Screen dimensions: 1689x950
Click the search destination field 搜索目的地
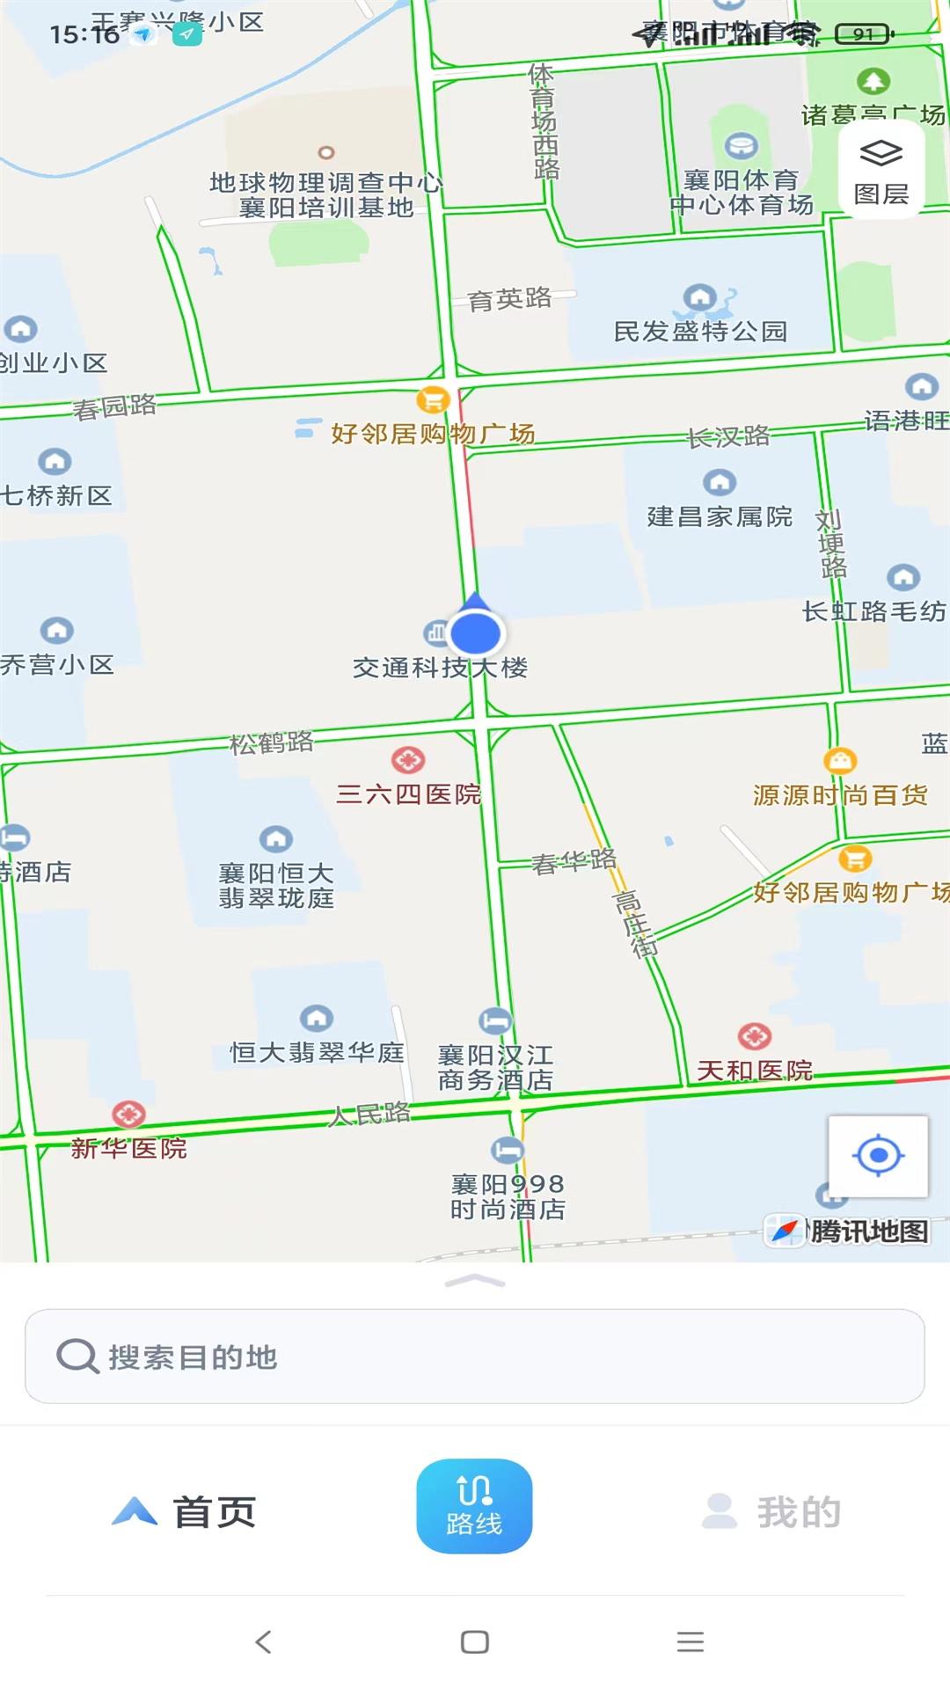point(474,1356)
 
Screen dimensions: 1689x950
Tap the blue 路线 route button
point(474,1506)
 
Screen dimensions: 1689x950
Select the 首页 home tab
point(185,1512)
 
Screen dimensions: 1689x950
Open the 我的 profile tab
point(771,1512)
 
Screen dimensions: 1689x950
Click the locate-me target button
point(878,1156)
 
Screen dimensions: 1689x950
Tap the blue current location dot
point(475,632)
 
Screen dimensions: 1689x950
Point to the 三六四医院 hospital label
point(409,794)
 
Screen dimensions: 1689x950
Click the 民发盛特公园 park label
point(700,332)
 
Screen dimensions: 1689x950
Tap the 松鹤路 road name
point(272,742)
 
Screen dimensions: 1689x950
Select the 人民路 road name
point(369,1115)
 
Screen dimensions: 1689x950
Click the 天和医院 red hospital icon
point(754,1037)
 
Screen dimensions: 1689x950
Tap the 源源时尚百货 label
point(840,795)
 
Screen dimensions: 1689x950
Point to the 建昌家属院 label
point(720,516)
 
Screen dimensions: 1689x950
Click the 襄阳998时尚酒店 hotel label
point(508,1196)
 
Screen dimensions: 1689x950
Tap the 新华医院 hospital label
point(128,1148)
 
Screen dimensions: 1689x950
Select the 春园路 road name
point(114,407)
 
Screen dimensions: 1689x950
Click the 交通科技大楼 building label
point(440,668)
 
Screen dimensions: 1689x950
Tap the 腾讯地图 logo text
point(868,1232)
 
